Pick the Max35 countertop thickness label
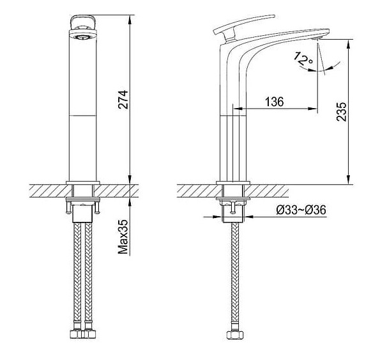coord(124,238)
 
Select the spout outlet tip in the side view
coord(317,39)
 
